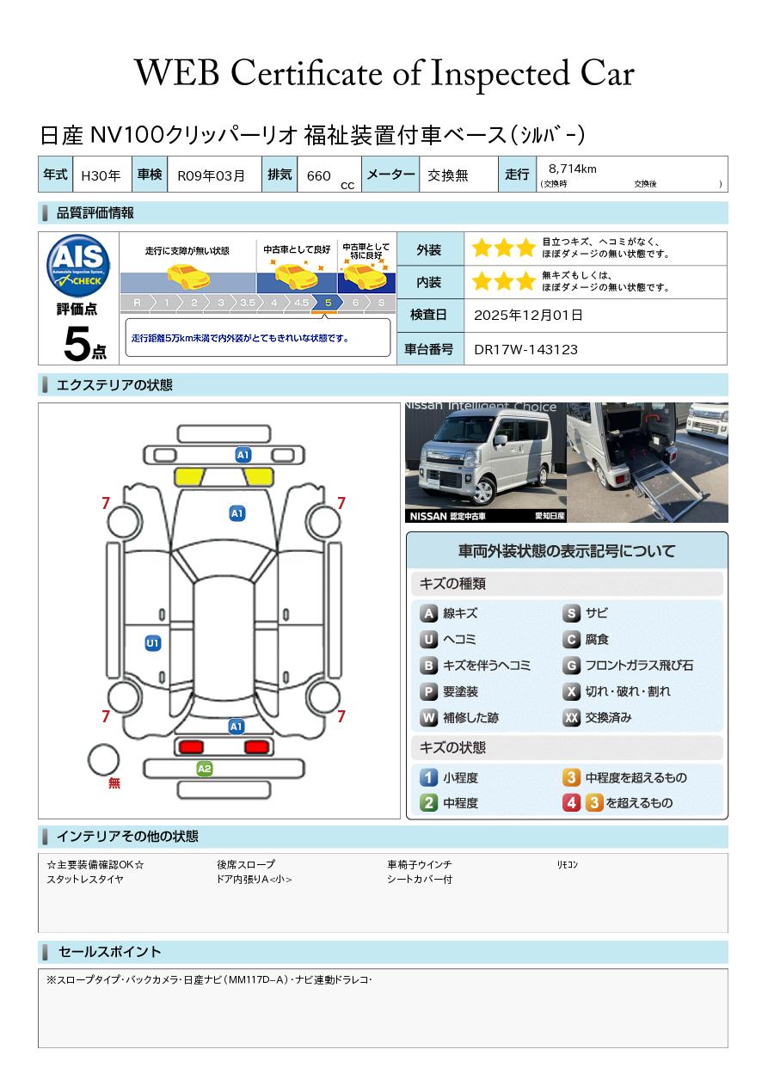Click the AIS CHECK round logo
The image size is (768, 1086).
tap(78, 266)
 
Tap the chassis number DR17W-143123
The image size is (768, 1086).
tap(525, 350)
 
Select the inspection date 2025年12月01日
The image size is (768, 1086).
tap(528, 315)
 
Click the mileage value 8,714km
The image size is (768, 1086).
tap(572, 169)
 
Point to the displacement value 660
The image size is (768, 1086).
tap(318, 175)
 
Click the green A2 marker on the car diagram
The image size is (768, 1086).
tap(205, 769)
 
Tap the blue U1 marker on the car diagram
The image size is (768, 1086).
tap(153, 643)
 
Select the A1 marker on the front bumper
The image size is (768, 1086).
tap(243, 455)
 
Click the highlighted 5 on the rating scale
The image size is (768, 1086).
tap(329, 303)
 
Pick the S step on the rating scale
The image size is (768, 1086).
tap(382, 303)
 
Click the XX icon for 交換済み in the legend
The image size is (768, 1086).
tap(571, 717)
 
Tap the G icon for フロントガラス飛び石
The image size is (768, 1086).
tap(571, 666)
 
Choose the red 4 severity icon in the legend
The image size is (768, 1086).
tap(571, 803)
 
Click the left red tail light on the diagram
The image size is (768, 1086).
tap(191, 746)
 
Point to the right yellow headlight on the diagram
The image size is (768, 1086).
tap(259, 477)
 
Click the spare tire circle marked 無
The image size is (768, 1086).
tap(103, 759)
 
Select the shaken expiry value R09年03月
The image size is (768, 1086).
tap(212, 175)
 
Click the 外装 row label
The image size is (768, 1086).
tap(428, 250)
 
